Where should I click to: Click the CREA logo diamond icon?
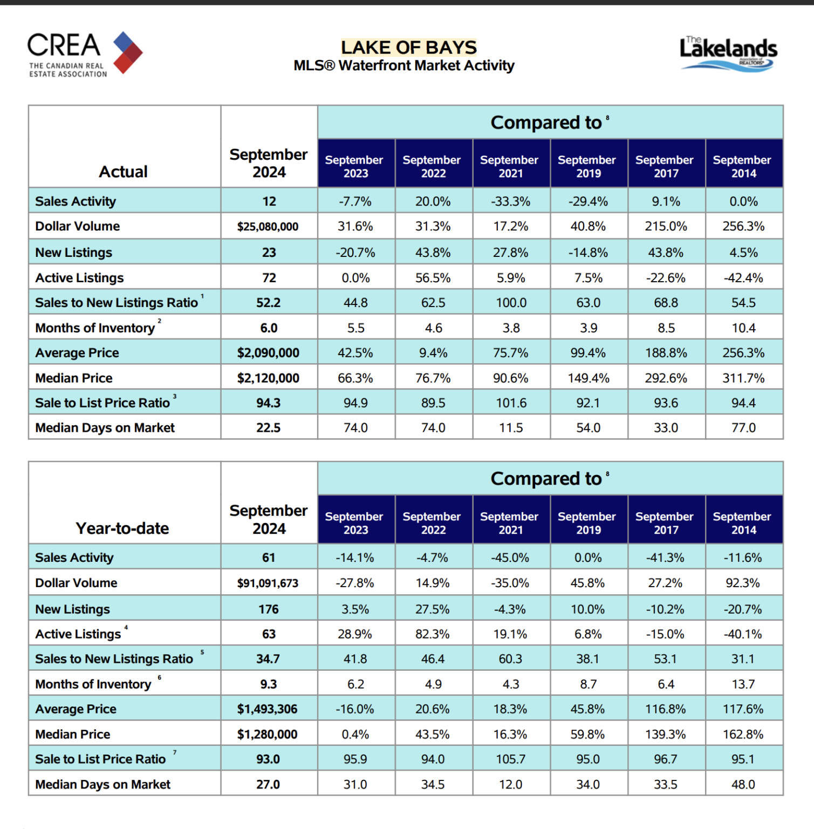128,52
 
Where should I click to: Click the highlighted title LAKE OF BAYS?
409,47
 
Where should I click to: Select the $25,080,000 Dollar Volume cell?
268,227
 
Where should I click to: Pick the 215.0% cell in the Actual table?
666,226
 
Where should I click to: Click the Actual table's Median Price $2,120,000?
268,378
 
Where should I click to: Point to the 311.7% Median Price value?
743,378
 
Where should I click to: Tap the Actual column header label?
123,172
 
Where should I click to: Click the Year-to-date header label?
122,528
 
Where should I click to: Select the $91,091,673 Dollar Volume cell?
268,583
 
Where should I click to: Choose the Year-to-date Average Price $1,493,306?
268,709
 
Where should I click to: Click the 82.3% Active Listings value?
433,634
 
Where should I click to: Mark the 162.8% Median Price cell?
743,734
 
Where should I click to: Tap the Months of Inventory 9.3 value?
269,684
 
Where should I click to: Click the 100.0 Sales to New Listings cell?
511,303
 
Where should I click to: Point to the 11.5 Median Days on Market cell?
511,428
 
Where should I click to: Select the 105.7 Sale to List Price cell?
511,759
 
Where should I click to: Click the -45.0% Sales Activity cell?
510,558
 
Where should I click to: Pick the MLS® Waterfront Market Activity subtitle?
404,66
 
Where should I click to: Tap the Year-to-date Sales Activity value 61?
269,558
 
